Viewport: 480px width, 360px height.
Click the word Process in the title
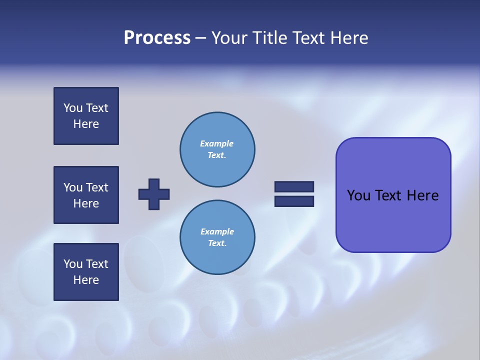tap(157, 38)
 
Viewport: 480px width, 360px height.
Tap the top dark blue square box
tap(86, 116)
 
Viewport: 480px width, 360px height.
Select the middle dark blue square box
tap(86, 195)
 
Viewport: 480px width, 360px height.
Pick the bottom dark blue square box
tap(86, 272)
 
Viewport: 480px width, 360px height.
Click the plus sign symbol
tap(154, 194)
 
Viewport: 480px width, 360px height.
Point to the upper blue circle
tap(217, 149)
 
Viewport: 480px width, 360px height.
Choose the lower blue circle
tap(217, 237)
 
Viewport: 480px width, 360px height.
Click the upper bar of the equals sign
tap(294, 187)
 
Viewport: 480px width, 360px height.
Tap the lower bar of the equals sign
tap(294, 201)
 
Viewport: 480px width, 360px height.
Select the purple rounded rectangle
tap(393, 195)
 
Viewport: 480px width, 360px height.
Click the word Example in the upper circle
tap(217, 144)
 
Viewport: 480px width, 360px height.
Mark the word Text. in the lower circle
tap(217, 243)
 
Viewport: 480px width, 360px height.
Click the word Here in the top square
tap(86, 124)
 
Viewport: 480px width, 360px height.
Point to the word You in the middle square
tap(72, 187)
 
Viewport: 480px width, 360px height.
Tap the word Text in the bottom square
tap(97, 264)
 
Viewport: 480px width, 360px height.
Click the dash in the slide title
tap(200, 38)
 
